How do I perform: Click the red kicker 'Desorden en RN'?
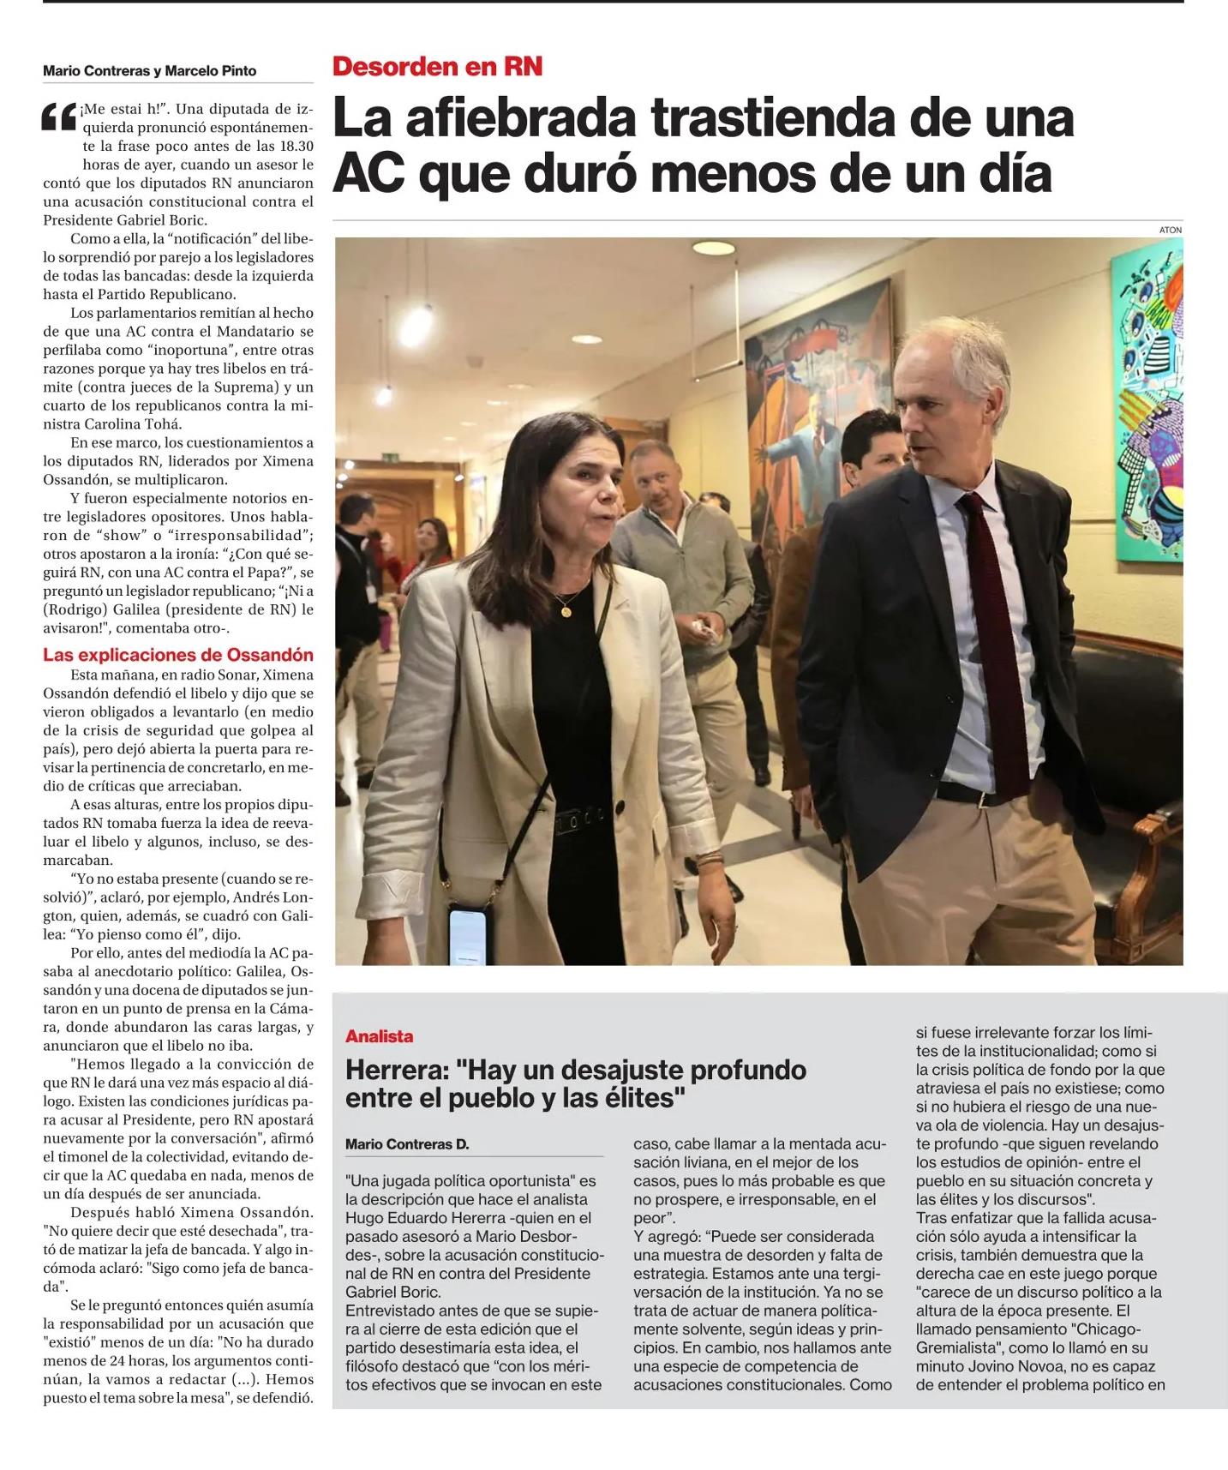click(437, 67)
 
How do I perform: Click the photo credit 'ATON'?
click(1170, 230)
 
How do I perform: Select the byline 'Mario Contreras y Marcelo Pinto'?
click(150, 71)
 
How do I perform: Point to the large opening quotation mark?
click(59, 118)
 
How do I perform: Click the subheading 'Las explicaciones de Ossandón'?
click(178, 655)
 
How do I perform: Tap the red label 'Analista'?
click(380, 1036)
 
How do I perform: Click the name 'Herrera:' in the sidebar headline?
click(397, 1070)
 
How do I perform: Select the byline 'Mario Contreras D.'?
click(407, 1143)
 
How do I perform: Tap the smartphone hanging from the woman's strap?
click(468, 938)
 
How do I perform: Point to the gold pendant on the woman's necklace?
click(565, 611)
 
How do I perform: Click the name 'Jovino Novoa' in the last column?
click(994, 1366)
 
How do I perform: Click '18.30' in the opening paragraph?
click(293, 146)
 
